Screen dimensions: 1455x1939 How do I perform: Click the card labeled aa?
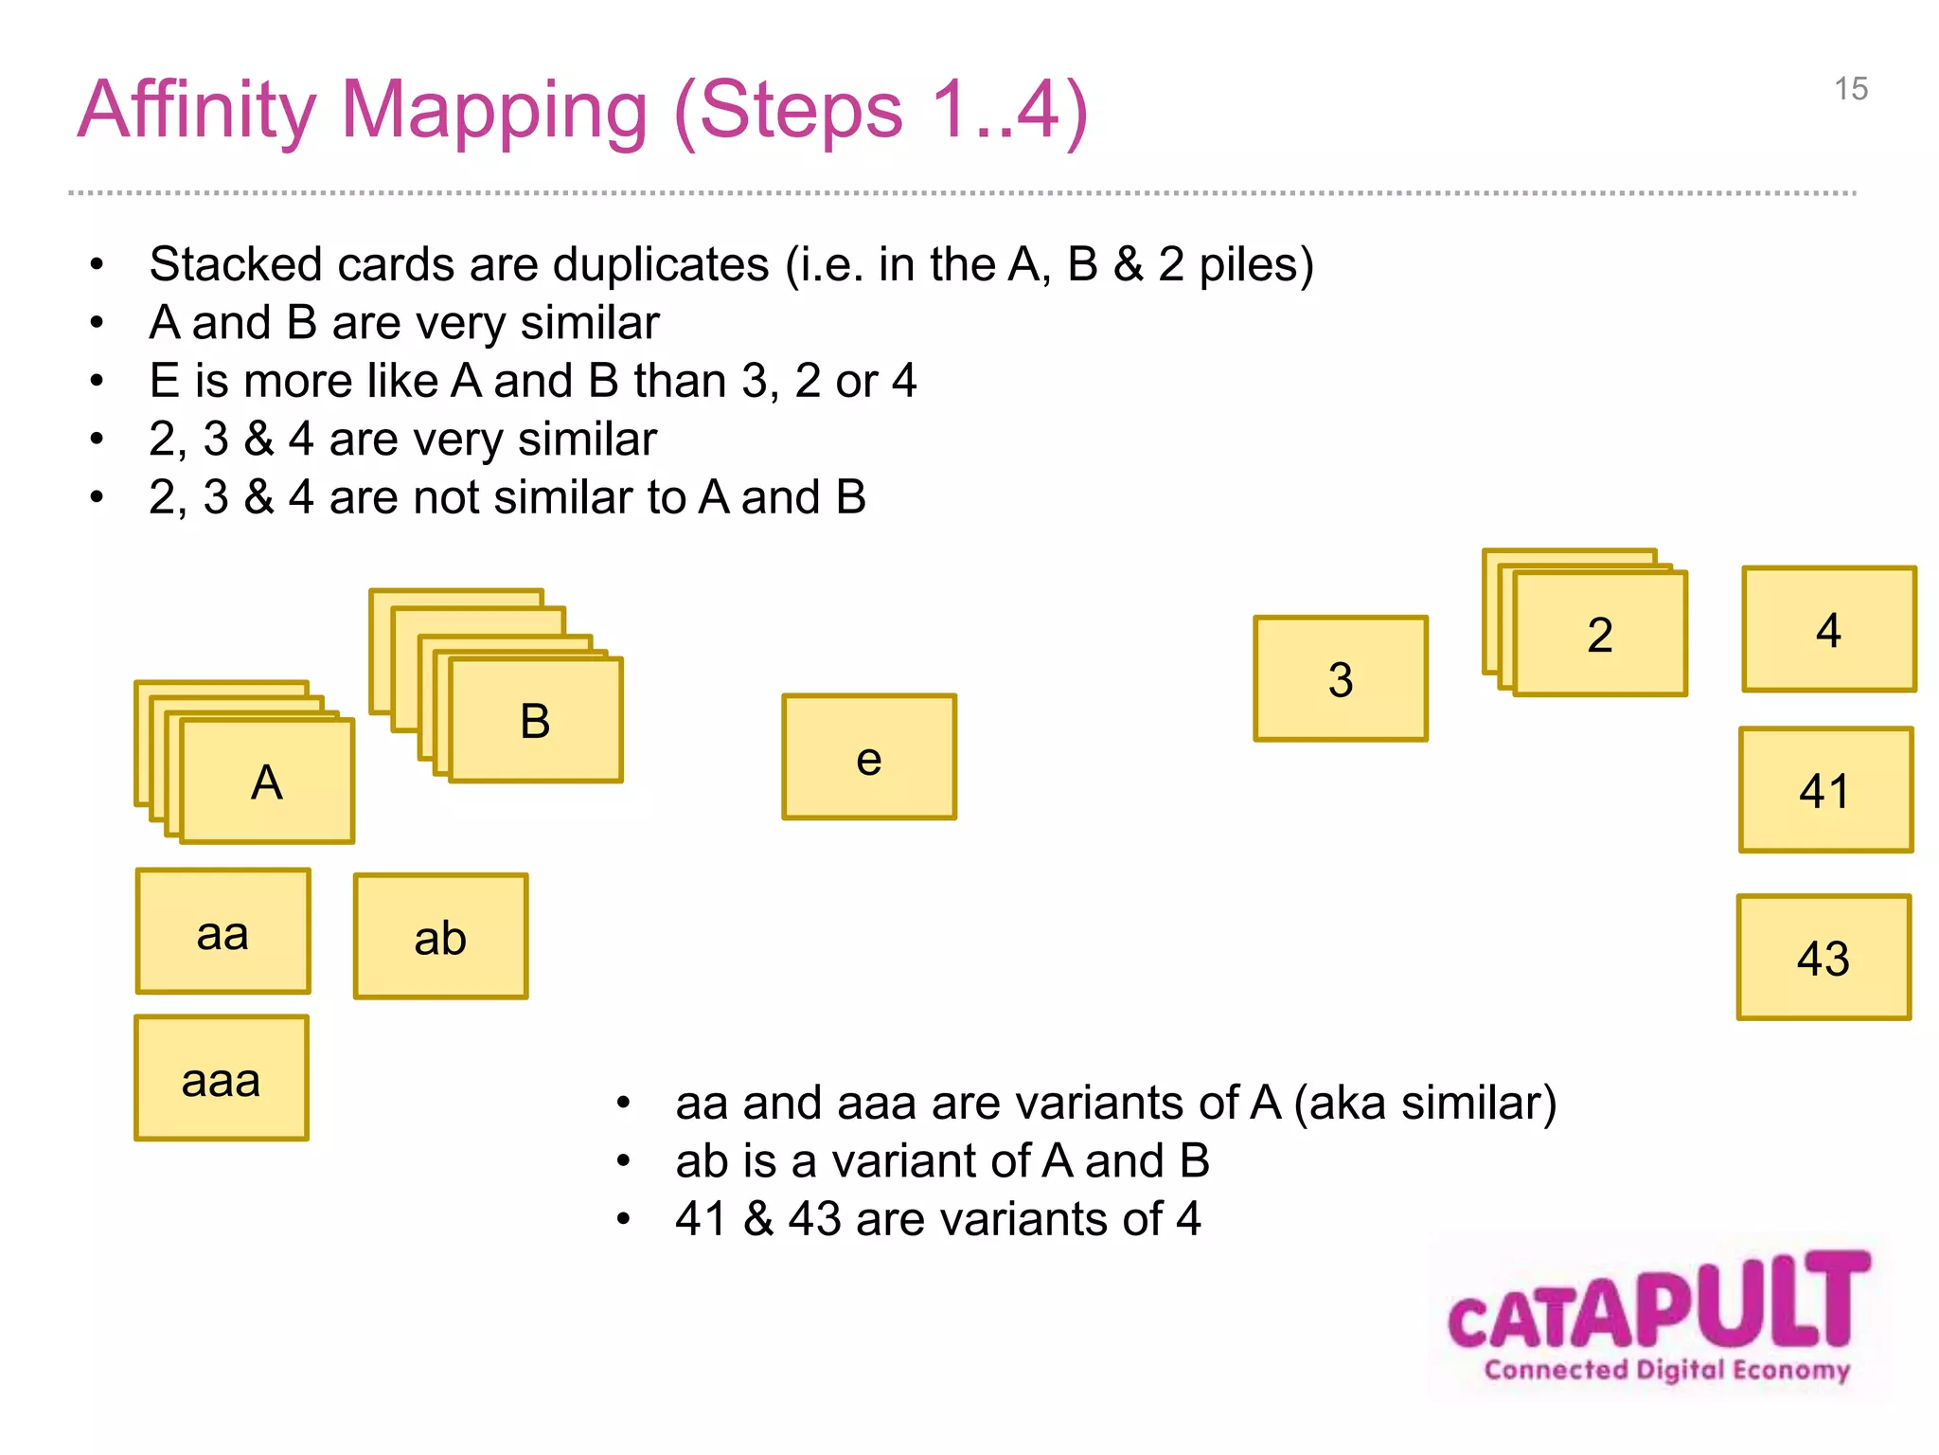[222, 931]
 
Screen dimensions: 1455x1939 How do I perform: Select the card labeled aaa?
[222, 1078]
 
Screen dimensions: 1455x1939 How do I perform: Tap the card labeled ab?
[440, 936]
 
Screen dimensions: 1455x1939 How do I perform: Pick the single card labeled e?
[869, 757]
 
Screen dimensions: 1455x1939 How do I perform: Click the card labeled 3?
[1341, 678]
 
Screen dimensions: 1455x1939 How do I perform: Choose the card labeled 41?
[1825, 790]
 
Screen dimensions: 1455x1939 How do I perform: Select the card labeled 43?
[1823, 957]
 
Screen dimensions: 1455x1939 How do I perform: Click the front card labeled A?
[267, 781]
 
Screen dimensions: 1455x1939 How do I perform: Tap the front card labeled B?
[536, 720]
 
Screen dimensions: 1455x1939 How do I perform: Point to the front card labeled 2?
[1600, 634]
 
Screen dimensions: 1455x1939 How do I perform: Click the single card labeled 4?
[1829, 629]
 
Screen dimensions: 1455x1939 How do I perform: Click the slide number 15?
[1851, 89]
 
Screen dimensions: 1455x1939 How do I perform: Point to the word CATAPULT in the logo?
[1659, 1302]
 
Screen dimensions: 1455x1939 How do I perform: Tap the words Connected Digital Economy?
[1666, 1370]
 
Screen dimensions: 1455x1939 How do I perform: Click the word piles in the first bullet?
[1255, 264]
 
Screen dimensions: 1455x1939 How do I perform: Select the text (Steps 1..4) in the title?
[881, 111]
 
